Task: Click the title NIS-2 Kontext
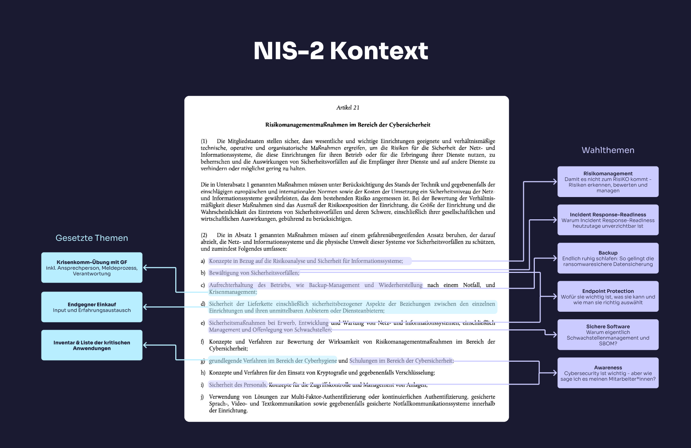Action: pyautogui.click(x=340, y=51)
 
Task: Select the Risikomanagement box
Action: pyautogui.click(x=608, y=182)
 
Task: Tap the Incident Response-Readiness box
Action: pyautogui.click(x=608, y=220)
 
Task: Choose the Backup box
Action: pyautogui.click(x=608, y=258)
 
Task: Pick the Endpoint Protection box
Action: pyautogui.click(x=608, y=296)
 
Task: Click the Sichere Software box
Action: pyautogui.click(x=608, y=335)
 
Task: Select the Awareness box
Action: pyautogui.click(x=608, y=373)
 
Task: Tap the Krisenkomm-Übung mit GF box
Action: pyautogui.click(x=92, y=268)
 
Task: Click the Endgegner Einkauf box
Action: pyautogui.click(x=92, y=307)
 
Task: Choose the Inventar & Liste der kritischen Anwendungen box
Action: pyautogui.click(x=92, y=345)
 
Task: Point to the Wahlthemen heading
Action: pyautogui.click(x=608, y=150)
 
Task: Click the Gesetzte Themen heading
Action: pyautogui.click(x=92, y=238)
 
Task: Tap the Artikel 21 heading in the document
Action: pyautogui.click(x=348, y=108)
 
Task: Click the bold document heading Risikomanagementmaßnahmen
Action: pyautogui.click(x=348, y=125)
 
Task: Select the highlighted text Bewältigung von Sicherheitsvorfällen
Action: pyautogui.click(x=254, y=273)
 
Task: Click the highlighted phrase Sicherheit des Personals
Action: pyautogui.click(x=238, y=385)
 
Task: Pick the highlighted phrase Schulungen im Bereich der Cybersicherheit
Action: pyautogui.click(x=401, y=361)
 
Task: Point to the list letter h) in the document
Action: pyautogui.click(x=203, y=373)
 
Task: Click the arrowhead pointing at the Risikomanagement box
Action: pyautogui.click(x=555, y=182)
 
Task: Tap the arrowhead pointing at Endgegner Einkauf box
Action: pyautogui.click(x=145, y=307)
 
